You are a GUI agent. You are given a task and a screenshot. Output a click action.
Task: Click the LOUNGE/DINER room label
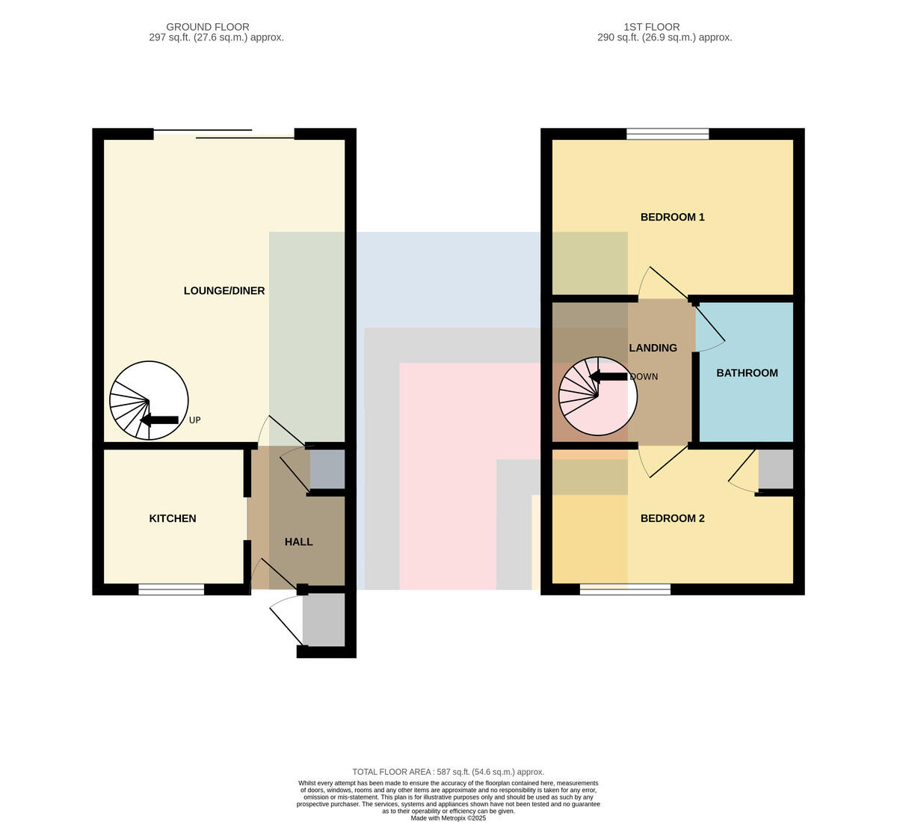[224, 291]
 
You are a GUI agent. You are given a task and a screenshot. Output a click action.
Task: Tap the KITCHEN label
[173, 518]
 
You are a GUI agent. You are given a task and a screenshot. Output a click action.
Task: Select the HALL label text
[299, 542]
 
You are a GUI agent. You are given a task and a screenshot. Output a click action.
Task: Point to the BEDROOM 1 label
[673, 218]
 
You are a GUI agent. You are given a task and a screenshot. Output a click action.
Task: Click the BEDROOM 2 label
[673, 518]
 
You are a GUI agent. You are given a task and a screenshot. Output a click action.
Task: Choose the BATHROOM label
[747, 373]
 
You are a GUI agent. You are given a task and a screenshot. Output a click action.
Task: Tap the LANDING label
[653, 348]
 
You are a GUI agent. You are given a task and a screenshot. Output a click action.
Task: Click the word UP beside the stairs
[194, 420]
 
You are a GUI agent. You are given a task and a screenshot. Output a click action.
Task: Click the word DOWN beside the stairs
[644, 377]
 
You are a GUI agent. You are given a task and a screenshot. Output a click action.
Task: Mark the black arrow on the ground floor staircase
[160, 420]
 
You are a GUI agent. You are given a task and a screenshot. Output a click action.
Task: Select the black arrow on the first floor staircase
[608, 377]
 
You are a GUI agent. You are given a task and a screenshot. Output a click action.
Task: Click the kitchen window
[171, 589]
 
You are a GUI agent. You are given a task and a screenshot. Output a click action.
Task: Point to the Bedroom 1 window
[668, 134]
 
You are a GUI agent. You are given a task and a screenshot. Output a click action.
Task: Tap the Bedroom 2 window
[625, 589]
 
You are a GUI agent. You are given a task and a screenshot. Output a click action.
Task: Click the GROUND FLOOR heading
[208, 27]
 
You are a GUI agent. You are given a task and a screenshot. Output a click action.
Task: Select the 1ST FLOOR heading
[652, 27]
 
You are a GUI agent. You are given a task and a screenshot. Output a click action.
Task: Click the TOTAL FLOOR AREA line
[449, 772]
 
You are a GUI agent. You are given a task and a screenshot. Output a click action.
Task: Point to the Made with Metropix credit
[449, 818]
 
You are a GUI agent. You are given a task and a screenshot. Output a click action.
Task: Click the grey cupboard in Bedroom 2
[776, 469]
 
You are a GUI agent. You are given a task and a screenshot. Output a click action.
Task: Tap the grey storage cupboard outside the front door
[324, 620]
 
